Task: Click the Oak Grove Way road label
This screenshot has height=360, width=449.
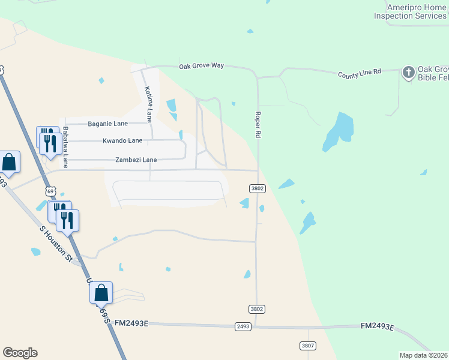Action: click(201, 66)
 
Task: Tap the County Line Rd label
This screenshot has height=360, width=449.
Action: click(360, 73)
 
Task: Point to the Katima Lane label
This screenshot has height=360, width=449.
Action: click(148, 102)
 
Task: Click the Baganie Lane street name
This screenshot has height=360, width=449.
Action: click(108, 124)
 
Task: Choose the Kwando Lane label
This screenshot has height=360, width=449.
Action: click(122, 140)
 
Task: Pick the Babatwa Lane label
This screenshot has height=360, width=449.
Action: click(65, 146)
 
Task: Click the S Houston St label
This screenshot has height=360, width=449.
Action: click(56, 243)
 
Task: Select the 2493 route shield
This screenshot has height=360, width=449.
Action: click(243, 326)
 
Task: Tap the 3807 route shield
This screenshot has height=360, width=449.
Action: click(308, 346)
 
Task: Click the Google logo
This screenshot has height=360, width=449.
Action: click(20, 353)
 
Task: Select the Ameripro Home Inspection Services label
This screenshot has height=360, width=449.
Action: click(410, 11)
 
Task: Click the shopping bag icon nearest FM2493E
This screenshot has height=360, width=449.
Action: click(101, 293)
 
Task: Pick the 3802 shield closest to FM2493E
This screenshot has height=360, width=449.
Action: click(256, 309)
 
